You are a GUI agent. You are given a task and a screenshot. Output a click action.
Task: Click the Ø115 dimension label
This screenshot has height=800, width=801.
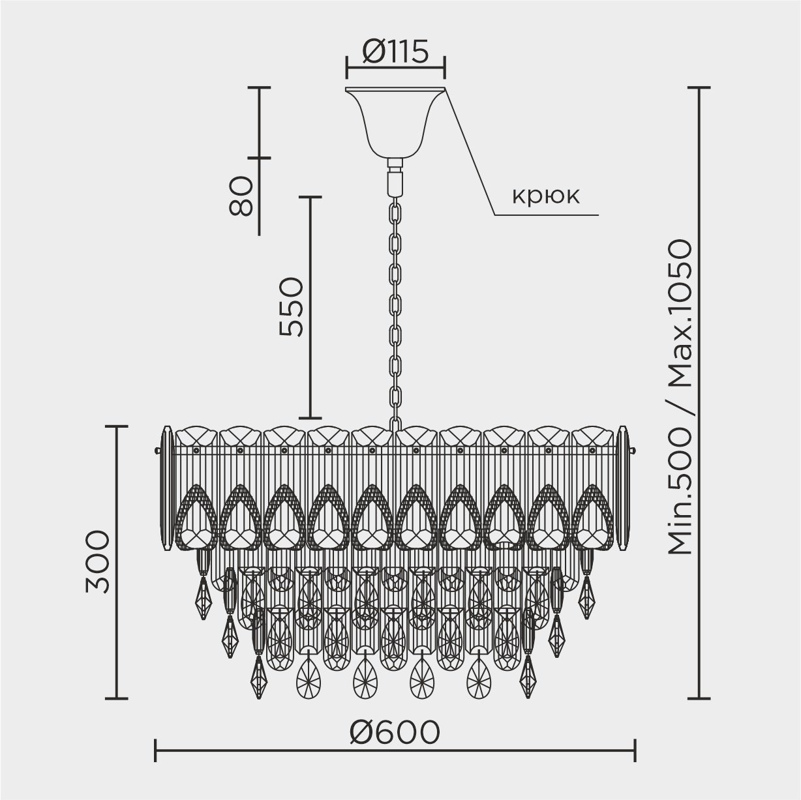pos(395,52)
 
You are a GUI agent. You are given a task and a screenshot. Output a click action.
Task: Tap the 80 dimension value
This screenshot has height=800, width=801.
pos(241,196)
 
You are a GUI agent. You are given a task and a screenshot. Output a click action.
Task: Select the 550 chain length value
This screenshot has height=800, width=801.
pos(292,306)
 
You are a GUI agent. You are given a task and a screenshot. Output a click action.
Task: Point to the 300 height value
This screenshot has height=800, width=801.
pos(97,561)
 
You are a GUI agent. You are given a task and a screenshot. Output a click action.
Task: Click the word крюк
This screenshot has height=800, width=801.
pos(545,196)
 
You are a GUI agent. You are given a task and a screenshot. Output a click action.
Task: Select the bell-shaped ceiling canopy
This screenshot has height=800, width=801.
pos(395,123)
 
